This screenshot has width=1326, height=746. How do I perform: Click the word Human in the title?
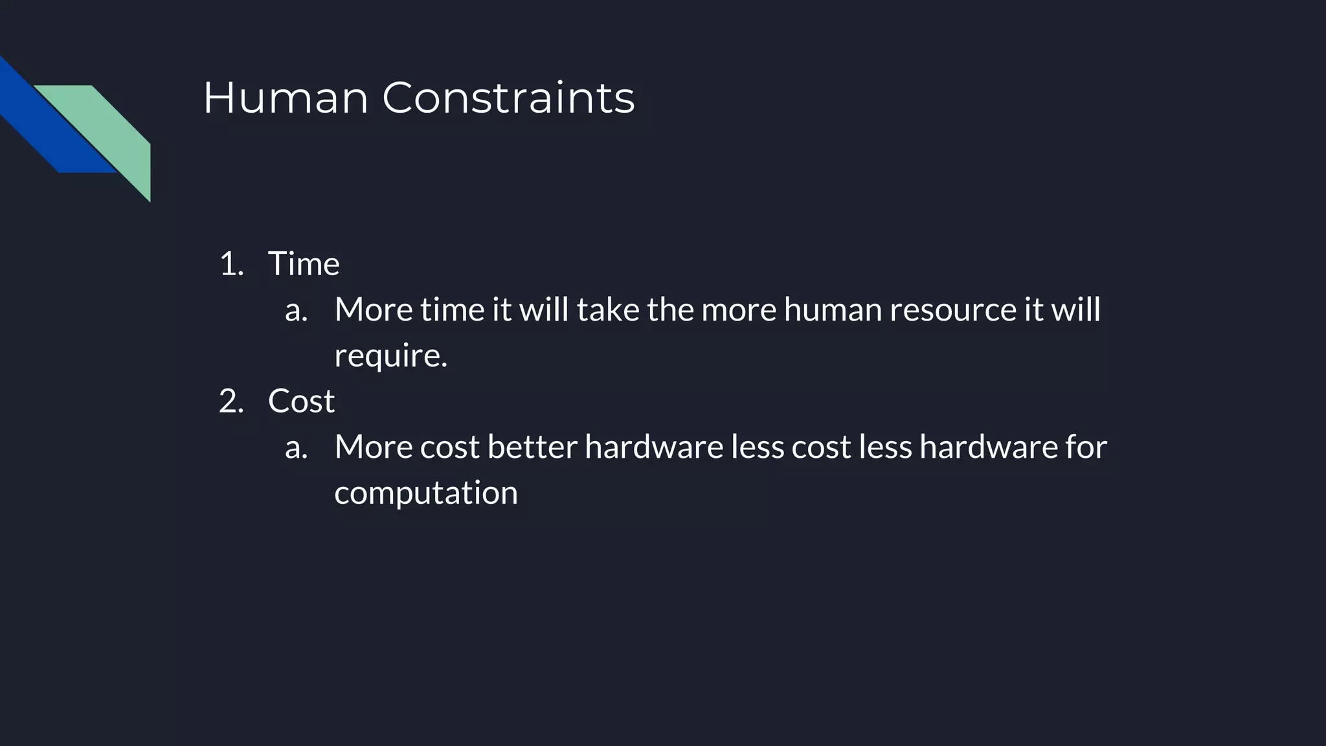(286, 98)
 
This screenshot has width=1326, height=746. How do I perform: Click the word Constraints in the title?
(508, 98)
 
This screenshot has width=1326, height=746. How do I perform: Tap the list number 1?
(231, 264)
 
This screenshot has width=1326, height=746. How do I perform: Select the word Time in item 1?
(304, 264)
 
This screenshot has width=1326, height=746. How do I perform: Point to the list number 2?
(231, 401)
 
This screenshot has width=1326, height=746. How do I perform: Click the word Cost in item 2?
(301, 401)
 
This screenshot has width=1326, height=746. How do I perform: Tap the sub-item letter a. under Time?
(296, 310)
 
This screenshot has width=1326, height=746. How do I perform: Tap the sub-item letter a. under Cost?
(296, 447)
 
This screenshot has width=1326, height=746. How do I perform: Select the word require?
(390, 356)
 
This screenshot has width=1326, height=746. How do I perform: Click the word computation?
(426, 493)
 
